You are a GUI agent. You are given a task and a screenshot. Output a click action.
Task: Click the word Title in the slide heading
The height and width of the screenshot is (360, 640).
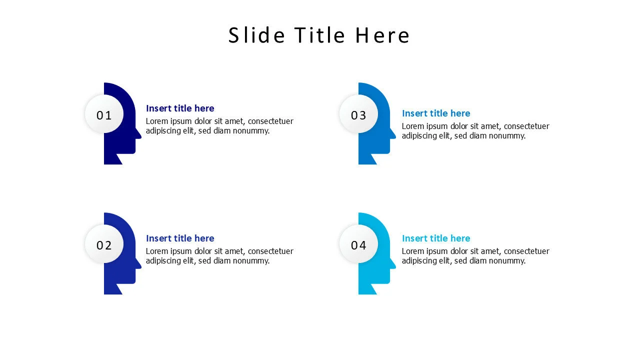(319, 35)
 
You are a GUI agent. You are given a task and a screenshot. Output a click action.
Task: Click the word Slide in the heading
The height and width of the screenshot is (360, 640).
(256, 35)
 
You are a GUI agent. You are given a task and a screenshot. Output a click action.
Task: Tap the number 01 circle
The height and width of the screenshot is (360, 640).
(104, 113)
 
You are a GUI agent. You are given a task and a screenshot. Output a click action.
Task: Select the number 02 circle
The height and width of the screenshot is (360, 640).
(104, 243)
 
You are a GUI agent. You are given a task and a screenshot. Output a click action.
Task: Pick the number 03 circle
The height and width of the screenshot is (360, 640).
(358, 113)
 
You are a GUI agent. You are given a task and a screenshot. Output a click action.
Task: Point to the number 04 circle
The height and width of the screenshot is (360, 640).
(358, 243)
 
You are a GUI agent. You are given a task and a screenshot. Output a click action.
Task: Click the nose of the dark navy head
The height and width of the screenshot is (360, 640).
(139, 135)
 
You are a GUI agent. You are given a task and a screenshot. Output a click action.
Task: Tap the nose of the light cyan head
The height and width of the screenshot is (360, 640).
(393, 265)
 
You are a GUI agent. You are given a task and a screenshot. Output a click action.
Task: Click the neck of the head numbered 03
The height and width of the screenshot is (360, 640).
(367, 159)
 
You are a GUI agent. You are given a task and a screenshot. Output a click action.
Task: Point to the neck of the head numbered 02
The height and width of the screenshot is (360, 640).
(113, 289)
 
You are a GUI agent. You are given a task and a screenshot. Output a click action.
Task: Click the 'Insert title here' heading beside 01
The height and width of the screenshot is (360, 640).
(180, 108)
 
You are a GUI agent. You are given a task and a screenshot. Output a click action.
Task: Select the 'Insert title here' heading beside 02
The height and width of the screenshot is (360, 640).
(180, 238)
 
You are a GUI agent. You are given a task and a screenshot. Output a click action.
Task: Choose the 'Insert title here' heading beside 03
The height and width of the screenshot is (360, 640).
(436, 113)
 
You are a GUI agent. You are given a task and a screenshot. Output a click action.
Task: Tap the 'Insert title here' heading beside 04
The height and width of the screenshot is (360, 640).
(436, 238)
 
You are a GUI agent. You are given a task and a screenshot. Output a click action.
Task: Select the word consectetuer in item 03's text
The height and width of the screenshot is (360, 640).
(526, 126)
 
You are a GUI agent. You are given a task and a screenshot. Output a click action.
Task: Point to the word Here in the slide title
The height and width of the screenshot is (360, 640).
(382, 35)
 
